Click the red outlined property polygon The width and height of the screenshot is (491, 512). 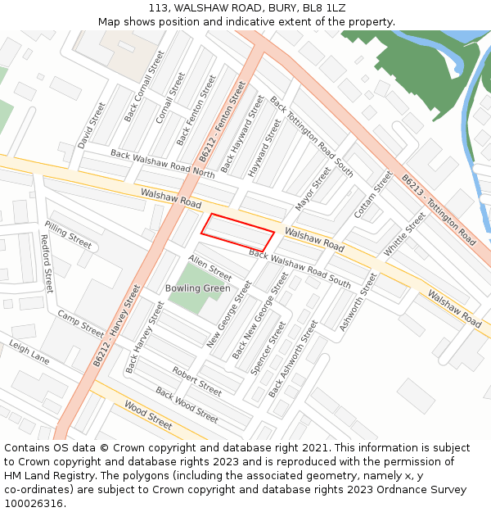tap(237, 232)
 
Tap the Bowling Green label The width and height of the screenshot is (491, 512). tap(198, 288)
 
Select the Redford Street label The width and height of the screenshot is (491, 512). tap(47, 264)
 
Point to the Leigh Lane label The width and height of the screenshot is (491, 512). tap(29, 353)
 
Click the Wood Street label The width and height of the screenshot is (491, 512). tap(148, 415)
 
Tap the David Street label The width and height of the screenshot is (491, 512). tap(92, 125)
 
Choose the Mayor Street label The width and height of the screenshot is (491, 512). tap(313, 189)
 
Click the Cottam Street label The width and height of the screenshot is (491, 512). tap(373, 195)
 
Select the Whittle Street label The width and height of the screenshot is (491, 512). tap(405, 234)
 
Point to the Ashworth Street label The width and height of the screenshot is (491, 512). tap(359, 302)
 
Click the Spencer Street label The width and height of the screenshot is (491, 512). tap(268, 348)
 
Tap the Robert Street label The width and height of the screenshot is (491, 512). tap(196, 382)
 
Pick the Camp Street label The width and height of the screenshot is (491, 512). tap(80, 325)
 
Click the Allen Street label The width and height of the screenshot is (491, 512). tap(210, 267)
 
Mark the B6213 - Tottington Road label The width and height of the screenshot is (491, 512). tap(439, 210)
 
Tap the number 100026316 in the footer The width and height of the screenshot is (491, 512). tap(34, 503)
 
